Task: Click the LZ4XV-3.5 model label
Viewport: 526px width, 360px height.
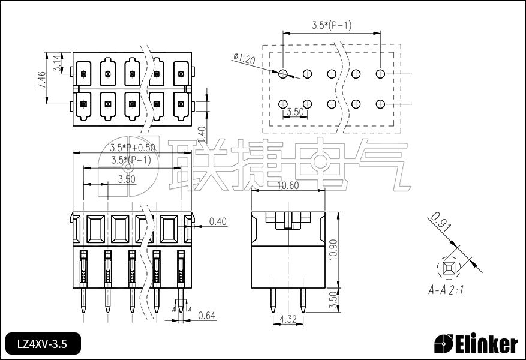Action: (42, 344)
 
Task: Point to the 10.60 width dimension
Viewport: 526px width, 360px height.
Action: (288, 185)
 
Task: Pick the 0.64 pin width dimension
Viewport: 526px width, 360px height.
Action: (206, 316)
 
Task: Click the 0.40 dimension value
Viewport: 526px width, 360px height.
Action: (218, 222)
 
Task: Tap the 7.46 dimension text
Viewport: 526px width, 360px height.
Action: (41, 80)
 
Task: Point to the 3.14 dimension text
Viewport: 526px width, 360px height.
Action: (56, 64)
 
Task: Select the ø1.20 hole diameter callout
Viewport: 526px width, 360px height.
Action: (244, 59)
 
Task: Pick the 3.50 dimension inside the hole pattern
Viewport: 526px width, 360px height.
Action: (295, 112)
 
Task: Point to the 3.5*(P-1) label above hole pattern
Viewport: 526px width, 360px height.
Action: (331, 25)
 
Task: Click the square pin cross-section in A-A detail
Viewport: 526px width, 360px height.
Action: (447, 266)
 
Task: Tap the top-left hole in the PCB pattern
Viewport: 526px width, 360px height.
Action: (283, 74)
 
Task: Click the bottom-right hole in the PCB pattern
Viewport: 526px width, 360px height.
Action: (380, 104)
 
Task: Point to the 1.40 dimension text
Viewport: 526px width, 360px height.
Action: (202, 131)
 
